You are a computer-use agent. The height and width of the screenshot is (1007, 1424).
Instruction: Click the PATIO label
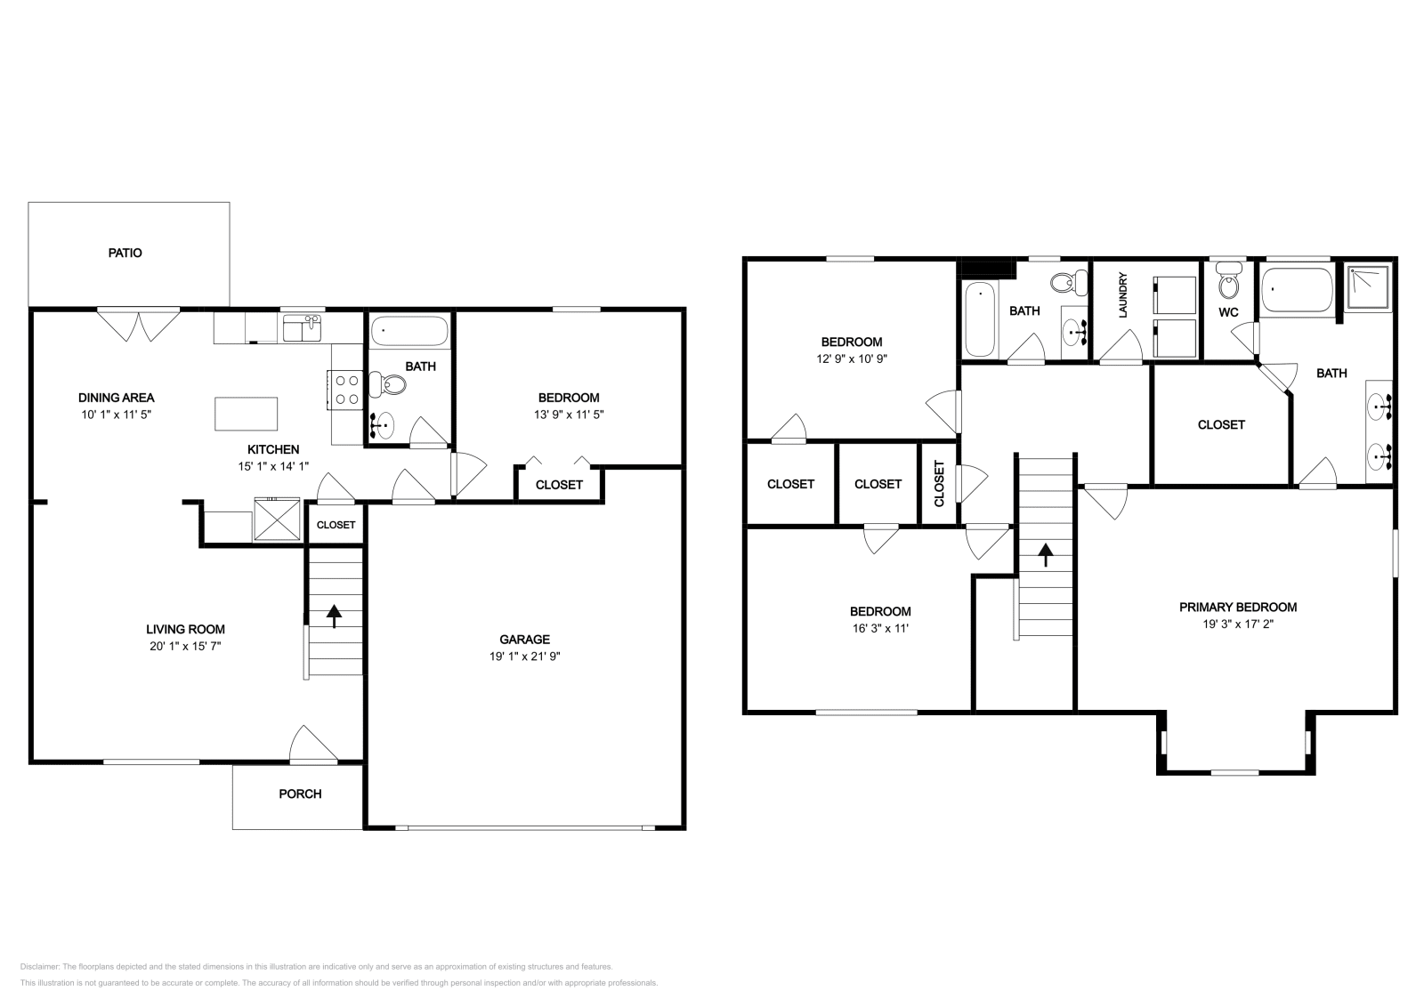pyautogui.click(x=125, y=253)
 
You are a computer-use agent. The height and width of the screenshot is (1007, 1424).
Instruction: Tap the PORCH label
pyautogui.click(x=300, y=794)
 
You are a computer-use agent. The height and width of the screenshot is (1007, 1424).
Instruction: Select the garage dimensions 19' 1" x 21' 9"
pyautogui.click(x=524, y=657)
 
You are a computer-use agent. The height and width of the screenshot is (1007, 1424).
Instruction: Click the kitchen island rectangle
pyautogui.click(x=246, y=414)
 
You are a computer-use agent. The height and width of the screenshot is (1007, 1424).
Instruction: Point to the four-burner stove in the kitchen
pyautogui.click(x=346, y=390)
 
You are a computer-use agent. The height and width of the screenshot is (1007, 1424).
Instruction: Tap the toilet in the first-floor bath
pyautogui.click(x=389, y=385)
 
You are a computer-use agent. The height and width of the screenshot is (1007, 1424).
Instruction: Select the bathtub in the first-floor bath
pyautogui.click(x=408, y=331)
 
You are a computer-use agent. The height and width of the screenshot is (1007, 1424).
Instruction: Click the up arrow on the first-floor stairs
pyautogui.click(x=335, y=616)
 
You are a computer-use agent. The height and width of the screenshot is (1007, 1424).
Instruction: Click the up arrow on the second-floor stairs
pyautogui.click(x=1046, y=555)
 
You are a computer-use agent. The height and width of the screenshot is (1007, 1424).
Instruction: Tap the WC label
pyautogui.click(x=1228, y=312)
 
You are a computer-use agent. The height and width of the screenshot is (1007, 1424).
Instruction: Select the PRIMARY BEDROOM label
pyautogui.click(x=1237, y=608)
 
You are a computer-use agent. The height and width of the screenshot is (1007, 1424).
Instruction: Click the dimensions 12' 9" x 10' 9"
pyautogui.click(x=852, y=359)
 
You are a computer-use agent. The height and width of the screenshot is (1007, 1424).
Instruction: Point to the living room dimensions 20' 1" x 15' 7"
pyautogui.click(x=185, y=647)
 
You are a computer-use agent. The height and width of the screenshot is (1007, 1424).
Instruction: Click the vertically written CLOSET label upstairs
pyautogui.click(x=940, y=484)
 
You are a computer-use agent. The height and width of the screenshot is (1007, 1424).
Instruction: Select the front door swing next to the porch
pyautogui.click(x=313, y=746)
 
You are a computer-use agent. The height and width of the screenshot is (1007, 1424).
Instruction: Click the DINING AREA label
pyautogui.click(x=117, y=398)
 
